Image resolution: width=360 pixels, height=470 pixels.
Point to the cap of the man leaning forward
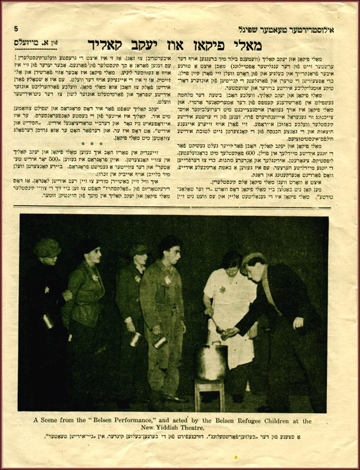(x=253, y=258)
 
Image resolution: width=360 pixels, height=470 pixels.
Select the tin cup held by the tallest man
(x=160, y=343)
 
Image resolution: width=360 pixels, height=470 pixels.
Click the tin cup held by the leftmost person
(x=48, y=322)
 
